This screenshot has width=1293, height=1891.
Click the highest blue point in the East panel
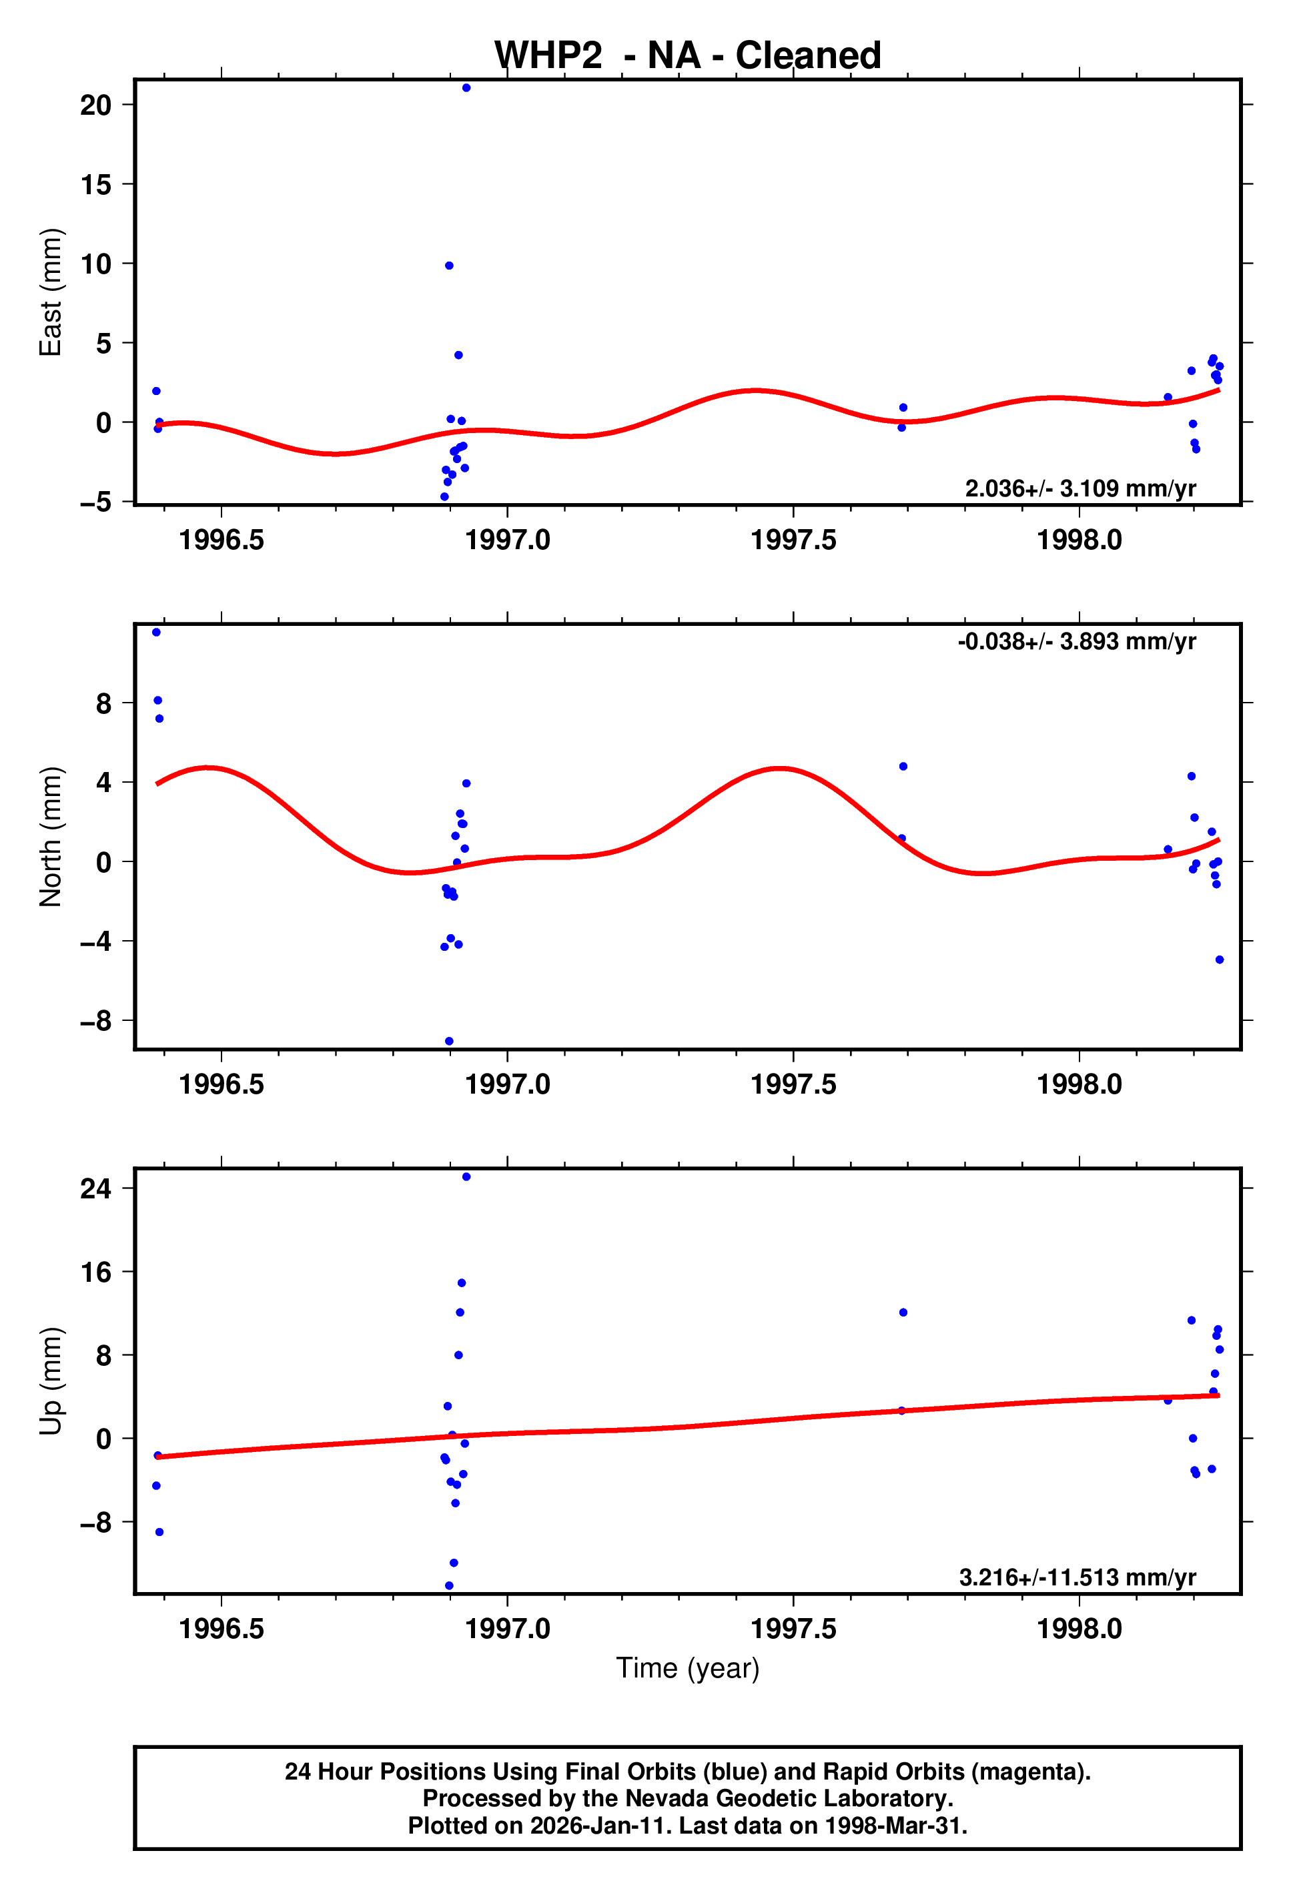(x=466, y=88)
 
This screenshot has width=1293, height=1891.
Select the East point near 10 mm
(x=449, y=266)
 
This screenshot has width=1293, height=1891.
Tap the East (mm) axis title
(x=51, y=292)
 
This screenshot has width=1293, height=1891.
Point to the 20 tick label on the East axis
(x=95, y=105)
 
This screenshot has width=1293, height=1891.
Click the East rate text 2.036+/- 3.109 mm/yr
(x=1080, y=488)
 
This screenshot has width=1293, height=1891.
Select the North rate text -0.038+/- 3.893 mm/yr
(x=1075, y=641)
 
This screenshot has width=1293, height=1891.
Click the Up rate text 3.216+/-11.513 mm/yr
(x=1077, y=1578)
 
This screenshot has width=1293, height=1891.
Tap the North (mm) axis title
(x=51, y=837)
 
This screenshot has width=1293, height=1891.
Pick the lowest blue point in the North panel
(x=449, y=1041)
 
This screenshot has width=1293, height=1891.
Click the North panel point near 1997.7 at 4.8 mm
(x=903, y=767)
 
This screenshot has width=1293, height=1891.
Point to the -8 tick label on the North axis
(x=95, y=1020)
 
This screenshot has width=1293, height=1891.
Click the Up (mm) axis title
(x=51, y=1381)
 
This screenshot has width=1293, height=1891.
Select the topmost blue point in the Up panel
(x=466, y=1176)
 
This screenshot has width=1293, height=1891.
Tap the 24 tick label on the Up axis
(x=95, y=1189)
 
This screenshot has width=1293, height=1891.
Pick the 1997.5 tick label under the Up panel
(x=793, y=1629)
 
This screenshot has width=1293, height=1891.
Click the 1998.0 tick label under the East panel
(x=1079, y=539)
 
